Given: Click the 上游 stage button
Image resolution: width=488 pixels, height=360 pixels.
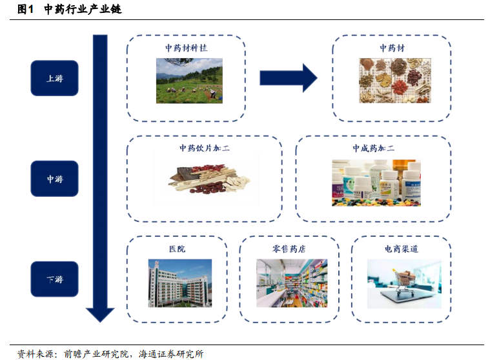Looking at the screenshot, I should [54, 78].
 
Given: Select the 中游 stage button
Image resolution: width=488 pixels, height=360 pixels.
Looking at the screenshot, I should [54, 179].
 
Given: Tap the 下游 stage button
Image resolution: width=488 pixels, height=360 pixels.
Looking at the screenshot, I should [54, 279].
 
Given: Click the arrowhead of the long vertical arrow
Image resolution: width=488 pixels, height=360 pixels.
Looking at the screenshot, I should [100, 314].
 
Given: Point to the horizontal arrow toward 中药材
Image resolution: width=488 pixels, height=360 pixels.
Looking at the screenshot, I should [288, 78].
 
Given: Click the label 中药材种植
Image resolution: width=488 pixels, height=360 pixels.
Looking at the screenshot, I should [186, 48].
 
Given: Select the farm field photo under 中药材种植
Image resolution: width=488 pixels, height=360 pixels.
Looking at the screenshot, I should [188, 81].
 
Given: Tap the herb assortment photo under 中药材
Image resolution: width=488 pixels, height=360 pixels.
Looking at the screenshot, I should [392, 81].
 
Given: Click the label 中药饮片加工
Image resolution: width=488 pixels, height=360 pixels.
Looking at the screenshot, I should [204, 148].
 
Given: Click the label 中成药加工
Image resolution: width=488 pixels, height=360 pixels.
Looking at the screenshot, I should [373, 148].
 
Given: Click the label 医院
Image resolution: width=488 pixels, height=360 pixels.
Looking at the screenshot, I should [176, 248].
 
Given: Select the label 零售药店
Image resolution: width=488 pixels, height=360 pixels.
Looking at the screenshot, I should [289, 248].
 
